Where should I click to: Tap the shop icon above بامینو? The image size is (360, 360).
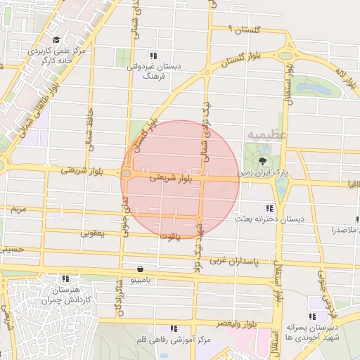point(141,269)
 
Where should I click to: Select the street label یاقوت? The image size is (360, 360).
point(169,237)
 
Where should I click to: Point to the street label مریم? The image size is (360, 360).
point(18,210)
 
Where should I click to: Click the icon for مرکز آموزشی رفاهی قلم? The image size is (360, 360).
point(174,328)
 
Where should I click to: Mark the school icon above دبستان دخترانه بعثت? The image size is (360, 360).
point(269,208)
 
